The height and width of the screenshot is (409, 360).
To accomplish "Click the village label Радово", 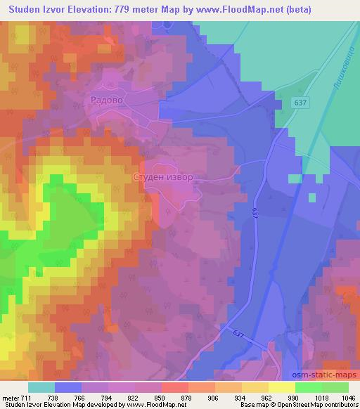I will click(x=106, y=100).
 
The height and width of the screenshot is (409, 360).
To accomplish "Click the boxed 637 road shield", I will click(x=301, y=103).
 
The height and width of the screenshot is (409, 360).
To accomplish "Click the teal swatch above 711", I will click(x=41, y=387).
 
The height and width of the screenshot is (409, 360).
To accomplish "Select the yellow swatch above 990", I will click(x=281, y=387).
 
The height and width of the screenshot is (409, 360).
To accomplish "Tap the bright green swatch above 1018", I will click(x=308, y=387).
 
